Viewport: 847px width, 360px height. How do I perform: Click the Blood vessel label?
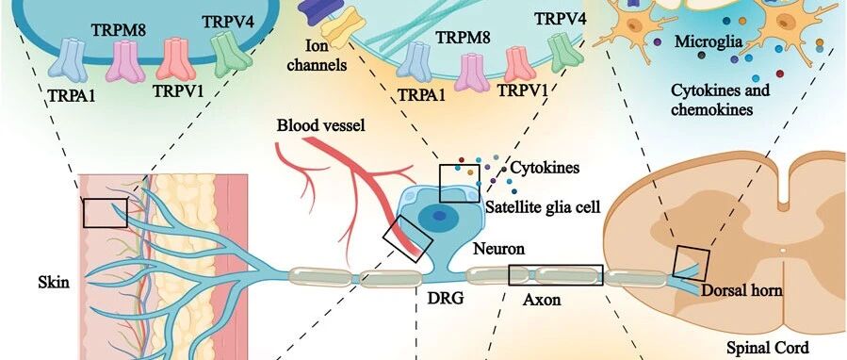(x=321, y=126)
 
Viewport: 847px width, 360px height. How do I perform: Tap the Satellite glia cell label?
(x=543, y=206)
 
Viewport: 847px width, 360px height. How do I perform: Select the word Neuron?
(x=499, y=249)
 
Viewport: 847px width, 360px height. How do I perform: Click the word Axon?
(x=541, y=299)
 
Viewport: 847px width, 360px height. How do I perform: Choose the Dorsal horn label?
(x=741, y=290)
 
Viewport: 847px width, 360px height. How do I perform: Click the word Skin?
(x=54, y=282)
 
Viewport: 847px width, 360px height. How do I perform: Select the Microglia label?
(x=709, y=41)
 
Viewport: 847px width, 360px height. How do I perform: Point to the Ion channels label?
(x=316, y=57)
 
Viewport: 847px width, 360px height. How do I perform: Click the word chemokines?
(x=711, y=109)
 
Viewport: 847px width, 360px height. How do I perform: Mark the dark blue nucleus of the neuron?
(x=440, y=216)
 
